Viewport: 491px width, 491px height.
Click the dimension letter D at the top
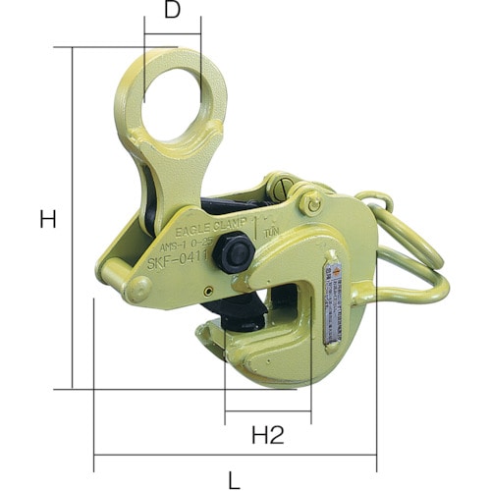[x=173, y=11]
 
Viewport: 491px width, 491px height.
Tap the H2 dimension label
[x=267, y=435]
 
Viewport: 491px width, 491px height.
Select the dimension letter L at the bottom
[x=234, y=481]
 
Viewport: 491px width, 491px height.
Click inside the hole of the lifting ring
[x=174, y=98]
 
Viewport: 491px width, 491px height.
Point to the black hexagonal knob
[x=235, y=256]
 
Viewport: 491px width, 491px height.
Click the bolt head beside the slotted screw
[x=313, y=203]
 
